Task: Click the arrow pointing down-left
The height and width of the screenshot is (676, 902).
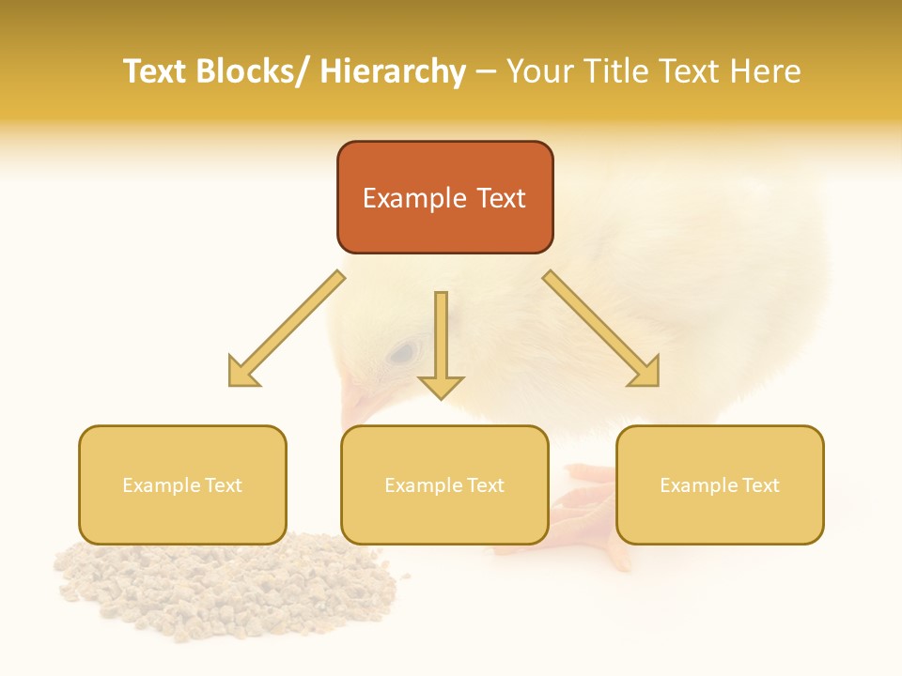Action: [287, 329]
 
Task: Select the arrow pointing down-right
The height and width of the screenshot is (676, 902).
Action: [601, 329]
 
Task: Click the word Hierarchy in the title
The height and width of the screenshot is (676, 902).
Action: [393, 72]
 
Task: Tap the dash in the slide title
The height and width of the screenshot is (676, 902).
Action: [486, 72]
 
